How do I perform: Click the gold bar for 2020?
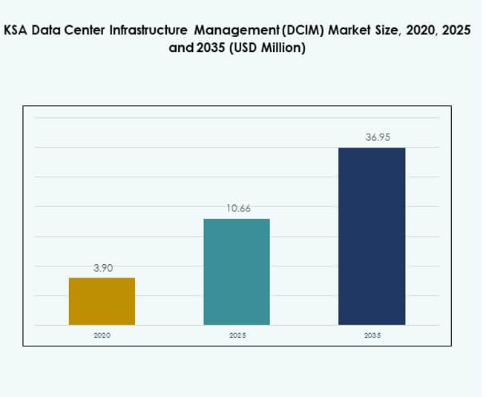tap(102, 301)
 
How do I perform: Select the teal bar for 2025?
tap(237, 272)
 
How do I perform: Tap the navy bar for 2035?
tap(372, 236)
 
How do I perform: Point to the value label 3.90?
tap(102, 268)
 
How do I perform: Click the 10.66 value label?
tap(238, 209)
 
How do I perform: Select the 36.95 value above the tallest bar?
tap(372, 137)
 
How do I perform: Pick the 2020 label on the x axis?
tap(102, 335)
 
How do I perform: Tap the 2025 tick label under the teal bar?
tap(237, 335)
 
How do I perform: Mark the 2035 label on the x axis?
tap(372, 335)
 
